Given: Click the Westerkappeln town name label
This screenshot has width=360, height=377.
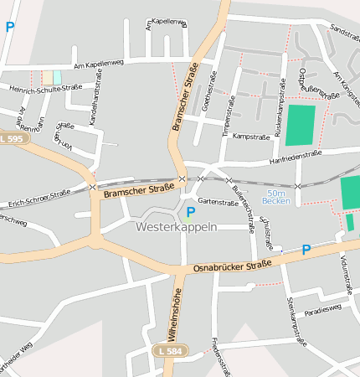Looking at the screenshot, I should [x=176, y=227].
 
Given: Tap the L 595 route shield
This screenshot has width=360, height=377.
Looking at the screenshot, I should [x=13, y=138].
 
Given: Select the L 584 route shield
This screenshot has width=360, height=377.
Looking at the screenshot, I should [x=171, y=351].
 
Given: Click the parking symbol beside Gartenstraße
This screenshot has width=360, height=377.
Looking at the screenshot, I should [x=191, y=212].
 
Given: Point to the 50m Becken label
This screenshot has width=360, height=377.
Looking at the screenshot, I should [x=276, y=196].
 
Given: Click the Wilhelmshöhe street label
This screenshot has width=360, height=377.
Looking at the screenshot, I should [x=177, y=313].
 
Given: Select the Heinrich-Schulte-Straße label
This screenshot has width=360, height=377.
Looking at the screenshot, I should [x=40, y=89].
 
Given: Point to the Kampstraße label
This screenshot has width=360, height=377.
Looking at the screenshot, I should [x=249, y=136].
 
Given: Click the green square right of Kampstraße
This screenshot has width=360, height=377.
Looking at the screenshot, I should [x=301, y=125].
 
